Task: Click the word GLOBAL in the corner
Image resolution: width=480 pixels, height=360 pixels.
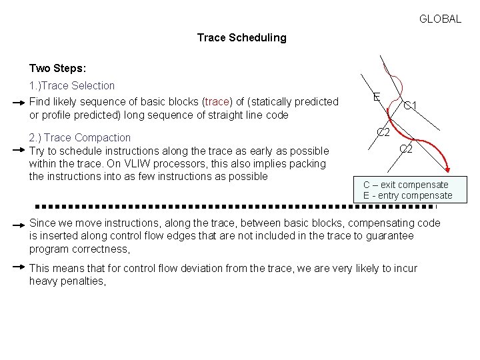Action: click(440, 19)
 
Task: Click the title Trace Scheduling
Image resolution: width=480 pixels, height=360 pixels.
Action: click(241, 38)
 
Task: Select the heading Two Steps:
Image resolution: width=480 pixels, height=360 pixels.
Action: click(57, 69)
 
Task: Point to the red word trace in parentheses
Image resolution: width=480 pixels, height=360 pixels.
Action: click(217, 102)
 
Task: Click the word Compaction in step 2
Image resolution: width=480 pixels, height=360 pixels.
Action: click(103, 138)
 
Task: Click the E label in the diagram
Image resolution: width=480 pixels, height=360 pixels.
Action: click(377, 97)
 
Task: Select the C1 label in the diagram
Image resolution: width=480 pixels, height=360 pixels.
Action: click(411, 106)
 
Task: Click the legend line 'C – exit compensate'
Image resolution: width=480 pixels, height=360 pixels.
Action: click(405, 185)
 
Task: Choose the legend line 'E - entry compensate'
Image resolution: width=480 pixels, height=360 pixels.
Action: click(407, 196)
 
